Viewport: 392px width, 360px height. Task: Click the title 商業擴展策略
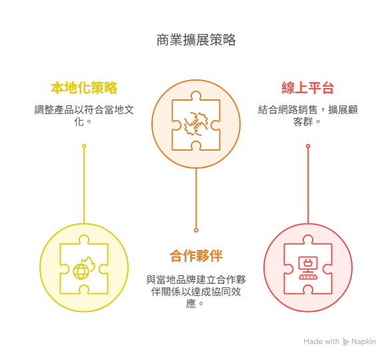[196, 40]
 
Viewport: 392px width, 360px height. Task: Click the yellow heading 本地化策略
[84, 88]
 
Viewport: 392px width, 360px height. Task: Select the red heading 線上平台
[308, 88]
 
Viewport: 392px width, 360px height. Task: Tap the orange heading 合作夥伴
[196, 256]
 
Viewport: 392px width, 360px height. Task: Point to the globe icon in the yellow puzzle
[81, 271]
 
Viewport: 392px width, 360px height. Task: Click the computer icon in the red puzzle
[308, 268]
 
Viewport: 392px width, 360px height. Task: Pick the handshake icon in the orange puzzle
[196, 124]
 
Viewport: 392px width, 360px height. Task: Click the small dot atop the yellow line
[84, 146]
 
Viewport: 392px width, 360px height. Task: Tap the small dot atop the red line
[308, 146]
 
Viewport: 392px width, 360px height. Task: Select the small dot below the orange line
[196, 230]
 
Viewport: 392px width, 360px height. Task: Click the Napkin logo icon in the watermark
[345, 342]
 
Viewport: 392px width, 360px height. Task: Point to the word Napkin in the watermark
[363, 341]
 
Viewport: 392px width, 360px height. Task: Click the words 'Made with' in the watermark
[321, 341]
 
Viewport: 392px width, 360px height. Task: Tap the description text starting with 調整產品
[84, 116]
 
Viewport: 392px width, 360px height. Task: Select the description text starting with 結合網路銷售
[308, 116]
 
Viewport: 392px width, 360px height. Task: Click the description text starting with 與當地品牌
[196, 291]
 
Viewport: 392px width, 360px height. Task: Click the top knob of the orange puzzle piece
[196, 96]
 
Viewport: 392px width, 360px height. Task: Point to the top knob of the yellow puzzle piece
[84, 240]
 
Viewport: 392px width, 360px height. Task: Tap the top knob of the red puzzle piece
[308, 240]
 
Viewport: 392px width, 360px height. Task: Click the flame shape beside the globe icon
[89, 263]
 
